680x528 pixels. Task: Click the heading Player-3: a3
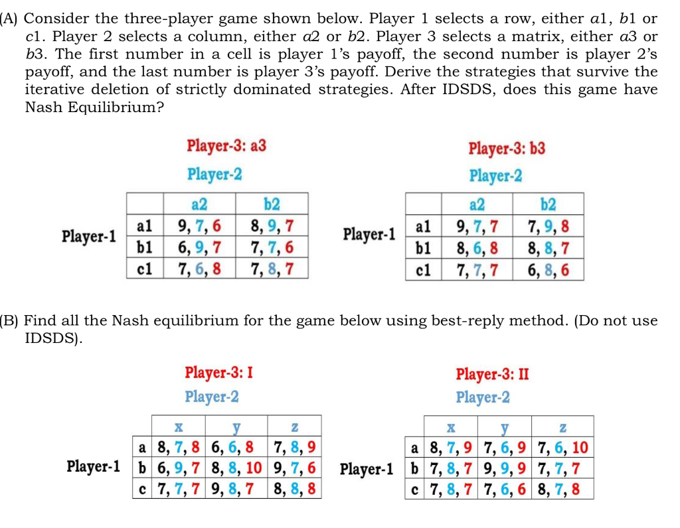click(226, 146)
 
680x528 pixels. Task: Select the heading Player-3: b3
click(507, 148)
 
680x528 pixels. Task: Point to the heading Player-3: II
click(492, 373)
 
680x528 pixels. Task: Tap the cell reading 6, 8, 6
click(547, 271)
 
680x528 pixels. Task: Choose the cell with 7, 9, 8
click(547, 228)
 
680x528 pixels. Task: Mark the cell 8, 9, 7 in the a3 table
click(270, 226)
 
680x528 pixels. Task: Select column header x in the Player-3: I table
click(178, 425)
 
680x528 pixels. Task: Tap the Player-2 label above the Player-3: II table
click(483, 397)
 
